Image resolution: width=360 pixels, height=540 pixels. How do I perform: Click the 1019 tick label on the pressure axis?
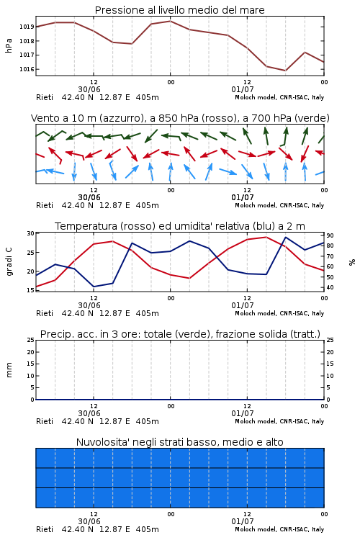tap(26, 27)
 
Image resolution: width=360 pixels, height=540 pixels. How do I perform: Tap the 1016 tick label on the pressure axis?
tap(26, 69)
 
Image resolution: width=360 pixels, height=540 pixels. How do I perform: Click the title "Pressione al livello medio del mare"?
tap(180, 10)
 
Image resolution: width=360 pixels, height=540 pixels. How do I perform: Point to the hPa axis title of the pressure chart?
tap(9, 45)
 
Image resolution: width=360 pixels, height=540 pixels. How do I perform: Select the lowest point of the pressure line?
tap(285, 71)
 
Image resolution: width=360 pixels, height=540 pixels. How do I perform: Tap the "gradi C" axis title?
tap(9, 262)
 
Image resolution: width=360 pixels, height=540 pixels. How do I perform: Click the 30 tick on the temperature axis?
tap(31, 233)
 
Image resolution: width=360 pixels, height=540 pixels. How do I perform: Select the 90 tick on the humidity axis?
tap(330, 235)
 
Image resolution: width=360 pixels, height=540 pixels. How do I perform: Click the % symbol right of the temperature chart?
tap(352, 262)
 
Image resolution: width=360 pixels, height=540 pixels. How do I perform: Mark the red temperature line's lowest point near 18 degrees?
tap(189, 278)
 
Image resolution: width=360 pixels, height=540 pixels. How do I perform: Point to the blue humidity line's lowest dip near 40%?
tap(94, 287)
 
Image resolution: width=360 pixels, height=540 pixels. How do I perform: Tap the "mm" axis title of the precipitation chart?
tap(9, 370)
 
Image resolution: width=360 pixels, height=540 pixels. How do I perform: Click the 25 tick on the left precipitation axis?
tap(31, 340)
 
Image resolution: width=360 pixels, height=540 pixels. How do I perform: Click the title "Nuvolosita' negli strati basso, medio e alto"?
tap(180, 442)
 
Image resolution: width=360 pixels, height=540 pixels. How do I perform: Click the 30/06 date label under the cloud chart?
tap(89, 521)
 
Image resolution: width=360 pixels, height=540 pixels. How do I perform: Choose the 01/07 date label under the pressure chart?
tap(243, 89)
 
